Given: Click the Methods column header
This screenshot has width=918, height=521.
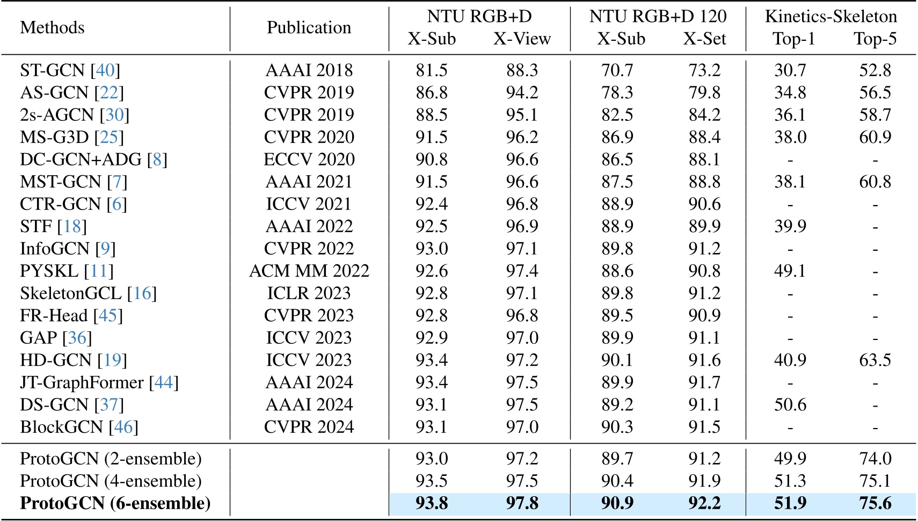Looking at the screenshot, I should (52, 27).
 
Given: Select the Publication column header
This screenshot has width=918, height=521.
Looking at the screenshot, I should (309, 27).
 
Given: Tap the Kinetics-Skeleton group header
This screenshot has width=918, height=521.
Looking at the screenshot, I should (830, 17).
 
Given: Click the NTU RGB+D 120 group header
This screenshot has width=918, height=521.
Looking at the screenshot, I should (658, 17).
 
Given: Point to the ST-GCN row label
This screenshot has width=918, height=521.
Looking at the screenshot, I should (53, 70).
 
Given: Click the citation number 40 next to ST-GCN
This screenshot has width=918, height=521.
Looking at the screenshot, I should (105, 70).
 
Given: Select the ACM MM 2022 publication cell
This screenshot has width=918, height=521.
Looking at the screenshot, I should (309, 271).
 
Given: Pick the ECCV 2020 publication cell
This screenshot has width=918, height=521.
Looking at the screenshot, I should (309, 160).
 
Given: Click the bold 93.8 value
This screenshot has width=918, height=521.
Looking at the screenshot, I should (432, 503).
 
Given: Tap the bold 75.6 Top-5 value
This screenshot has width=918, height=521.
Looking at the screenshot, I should (875, 503).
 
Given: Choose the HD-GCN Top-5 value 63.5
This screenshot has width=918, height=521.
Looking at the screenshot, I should (875, 360).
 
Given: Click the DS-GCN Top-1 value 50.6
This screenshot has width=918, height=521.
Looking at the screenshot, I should (790, 405).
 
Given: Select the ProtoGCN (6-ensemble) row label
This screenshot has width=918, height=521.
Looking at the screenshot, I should (115, 503).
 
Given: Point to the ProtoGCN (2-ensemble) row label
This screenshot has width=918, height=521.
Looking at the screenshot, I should (111, 459).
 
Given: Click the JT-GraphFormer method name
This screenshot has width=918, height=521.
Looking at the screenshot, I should (82, 382).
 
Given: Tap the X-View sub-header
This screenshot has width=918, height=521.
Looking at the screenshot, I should (522, 39).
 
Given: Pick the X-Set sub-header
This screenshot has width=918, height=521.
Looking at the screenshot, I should (704, 39).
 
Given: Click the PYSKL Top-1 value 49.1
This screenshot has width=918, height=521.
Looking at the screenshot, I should (790, 271).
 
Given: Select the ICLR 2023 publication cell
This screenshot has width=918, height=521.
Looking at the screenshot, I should (309, 293).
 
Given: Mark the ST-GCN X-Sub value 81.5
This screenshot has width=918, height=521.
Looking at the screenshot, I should (432, 70).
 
